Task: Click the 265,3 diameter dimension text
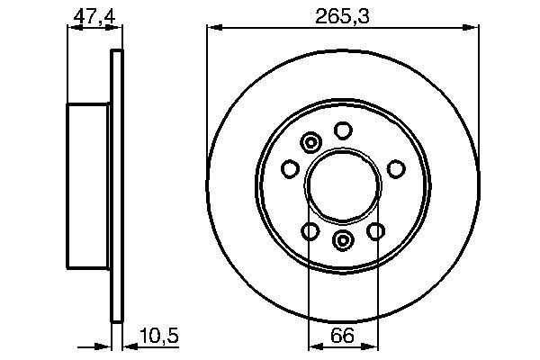click(342, 14)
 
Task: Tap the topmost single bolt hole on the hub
click(342, 130)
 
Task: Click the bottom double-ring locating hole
click(342, 240)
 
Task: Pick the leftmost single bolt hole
click(291, 168)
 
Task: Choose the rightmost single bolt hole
click(394, 168)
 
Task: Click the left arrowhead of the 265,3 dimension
click(213, 28)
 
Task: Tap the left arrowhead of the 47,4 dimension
click(71, 28)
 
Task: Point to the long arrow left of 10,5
click(94, 347)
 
